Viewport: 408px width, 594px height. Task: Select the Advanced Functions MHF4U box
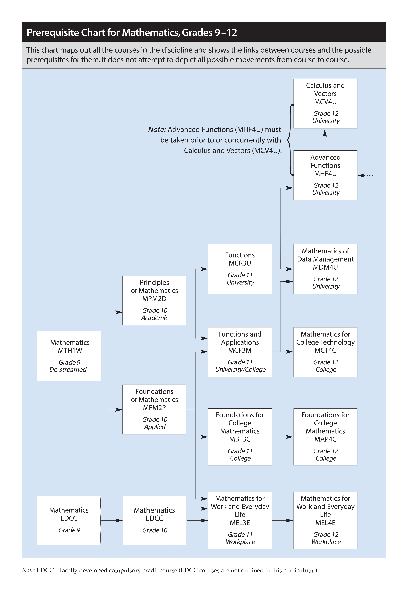click(325, 175)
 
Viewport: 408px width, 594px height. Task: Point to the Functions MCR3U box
click(240, 269)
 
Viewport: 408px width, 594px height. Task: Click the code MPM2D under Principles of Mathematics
click(154, 299)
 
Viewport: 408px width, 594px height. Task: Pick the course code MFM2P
click(154, 408)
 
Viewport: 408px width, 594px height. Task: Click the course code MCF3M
click(240, 350)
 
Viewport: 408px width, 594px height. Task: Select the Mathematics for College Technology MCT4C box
click(325, 352)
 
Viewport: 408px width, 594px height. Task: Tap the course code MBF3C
click(240, 439)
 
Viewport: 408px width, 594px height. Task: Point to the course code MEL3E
click(240, 523)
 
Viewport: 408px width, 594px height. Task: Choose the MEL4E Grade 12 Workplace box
click(325, 520)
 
